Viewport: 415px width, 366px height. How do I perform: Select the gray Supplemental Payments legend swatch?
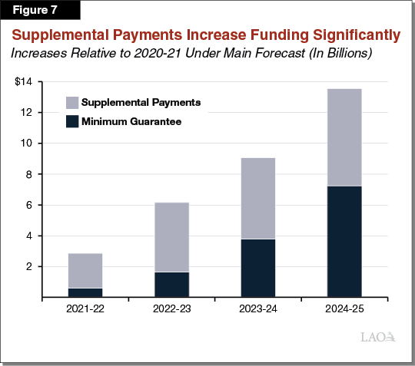pyautogui.click(x=72, y=102)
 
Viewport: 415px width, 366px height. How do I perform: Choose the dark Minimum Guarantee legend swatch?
pyautogui.click(x=72, y=120)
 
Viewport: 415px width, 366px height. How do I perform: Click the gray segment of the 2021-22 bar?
pyautogui.click(x=85, y=270)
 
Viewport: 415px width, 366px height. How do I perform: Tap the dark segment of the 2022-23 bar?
pyautogui.click(x=171, y=284)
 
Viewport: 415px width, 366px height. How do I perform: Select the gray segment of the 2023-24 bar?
pyautogui.click(x=258, y=198)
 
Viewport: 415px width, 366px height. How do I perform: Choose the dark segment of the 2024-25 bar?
pyautogui.click(x=344, y=241)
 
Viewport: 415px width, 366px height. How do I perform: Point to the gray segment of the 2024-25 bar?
pyautogui.click(x=344, y=137)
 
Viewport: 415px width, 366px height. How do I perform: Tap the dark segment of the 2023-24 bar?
pyautogui.click(x=258, y=268)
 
